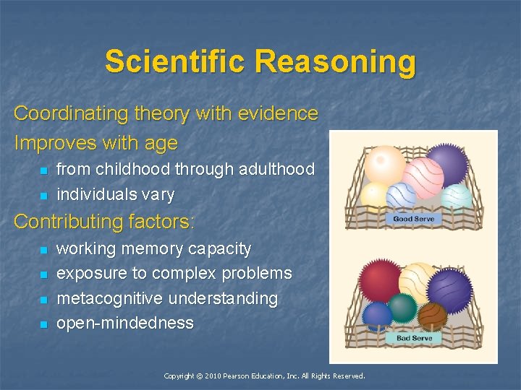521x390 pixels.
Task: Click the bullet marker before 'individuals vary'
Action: click(x=43, y=195)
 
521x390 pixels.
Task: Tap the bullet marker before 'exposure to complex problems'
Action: click(x=43, y=274)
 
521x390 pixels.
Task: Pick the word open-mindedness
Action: click(x=124, y=323)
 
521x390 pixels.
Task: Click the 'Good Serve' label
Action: click(x=413, y=219)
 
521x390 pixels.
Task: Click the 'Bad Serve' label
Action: click(x=414, y=338)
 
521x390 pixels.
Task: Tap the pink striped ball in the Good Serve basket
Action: click(x=423, y=177)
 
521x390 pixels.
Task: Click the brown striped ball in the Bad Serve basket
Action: click(x=433, y=315)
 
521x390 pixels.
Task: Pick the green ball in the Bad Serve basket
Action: click(x=403, y=309)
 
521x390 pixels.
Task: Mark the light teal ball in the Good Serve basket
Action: click(x=457, y=196)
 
